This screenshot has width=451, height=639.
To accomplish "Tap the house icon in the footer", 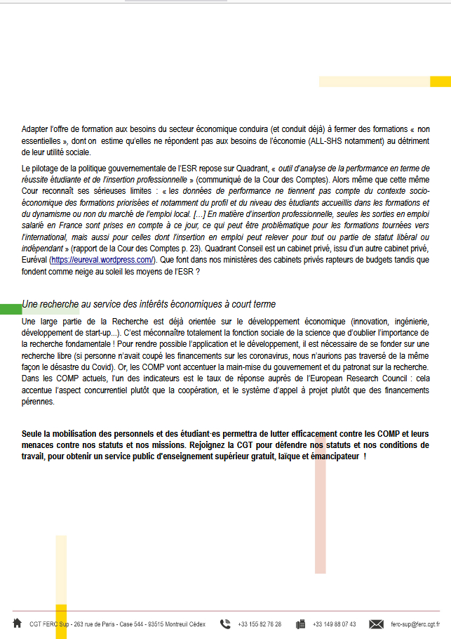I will point(17,623).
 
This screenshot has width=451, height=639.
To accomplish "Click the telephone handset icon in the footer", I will point(225,624).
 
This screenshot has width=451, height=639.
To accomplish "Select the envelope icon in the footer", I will point(376,624).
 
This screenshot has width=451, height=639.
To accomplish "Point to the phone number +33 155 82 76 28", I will point(260,624).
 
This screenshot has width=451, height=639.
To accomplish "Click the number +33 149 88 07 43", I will point(334,624).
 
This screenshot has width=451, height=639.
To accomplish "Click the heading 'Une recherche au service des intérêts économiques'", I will point(149,304).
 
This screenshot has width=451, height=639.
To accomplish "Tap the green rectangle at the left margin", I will point(11,309).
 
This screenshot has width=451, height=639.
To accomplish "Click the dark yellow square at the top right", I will point(440,81).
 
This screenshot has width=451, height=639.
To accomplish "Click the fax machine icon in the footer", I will point(300,624).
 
